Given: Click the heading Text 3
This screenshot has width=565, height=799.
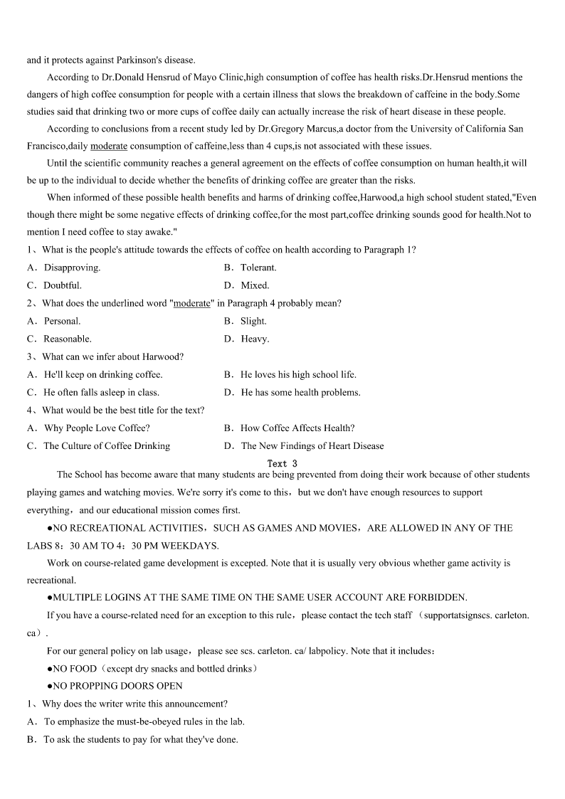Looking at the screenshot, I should [282, 463].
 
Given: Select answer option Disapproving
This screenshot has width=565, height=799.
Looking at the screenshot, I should [71, 268].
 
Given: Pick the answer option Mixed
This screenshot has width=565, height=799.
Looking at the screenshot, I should [255, 285].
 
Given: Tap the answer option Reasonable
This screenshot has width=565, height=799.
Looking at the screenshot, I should [67, 339].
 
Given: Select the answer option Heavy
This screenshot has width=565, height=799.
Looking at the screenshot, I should [255, 339].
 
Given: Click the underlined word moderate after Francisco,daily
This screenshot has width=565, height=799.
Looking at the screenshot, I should [109, 146].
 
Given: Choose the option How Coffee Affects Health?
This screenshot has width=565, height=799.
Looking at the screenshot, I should [297, 428].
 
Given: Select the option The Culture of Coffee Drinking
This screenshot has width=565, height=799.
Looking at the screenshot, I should [107, 446].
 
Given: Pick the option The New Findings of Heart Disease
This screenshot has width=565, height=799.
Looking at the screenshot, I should [312, 446].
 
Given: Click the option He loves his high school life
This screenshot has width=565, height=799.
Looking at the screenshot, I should [298, 374].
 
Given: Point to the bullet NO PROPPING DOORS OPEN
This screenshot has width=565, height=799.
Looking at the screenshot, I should [117, 686].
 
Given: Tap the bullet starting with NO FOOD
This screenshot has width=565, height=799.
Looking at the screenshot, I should [152, 668].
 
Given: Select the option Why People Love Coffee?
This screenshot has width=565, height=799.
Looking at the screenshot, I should [96, 428].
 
